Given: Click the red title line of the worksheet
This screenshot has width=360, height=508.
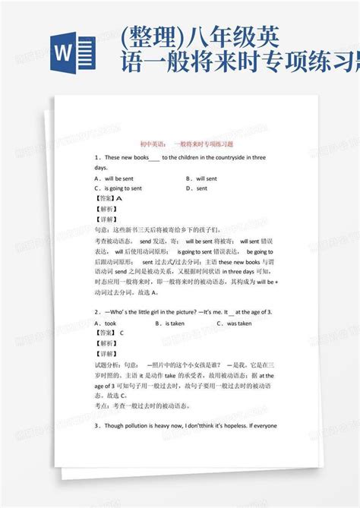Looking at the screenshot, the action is coord(179,141).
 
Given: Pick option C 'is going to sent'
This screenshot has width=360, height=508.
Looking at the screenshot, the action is coord(121,188).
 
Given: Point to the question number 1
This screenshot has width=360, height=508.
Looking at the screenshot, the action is coord(96,157).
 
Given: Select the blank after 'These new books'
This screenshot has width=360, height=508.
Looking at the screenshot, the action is coord(154,158).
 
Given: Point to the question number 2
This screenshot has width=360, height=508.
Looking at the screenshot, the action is coord(96,312).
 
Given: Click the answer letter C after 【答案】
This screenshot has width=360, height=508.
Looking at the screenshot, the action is coord(122,333).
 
